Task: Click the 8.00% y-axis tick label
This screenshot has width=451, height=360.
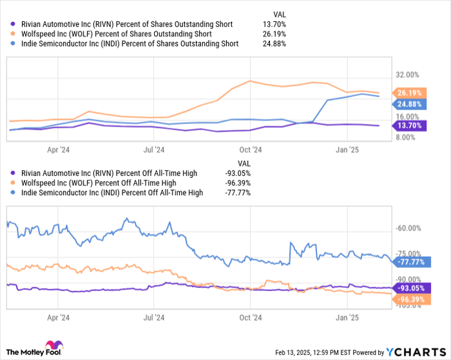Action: pos(408,138)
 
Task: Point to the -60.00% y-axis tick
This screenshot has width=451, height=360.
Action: pos(410,228)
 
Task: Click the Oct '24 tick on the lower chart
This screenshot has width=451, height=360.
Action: pos(249,317)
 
